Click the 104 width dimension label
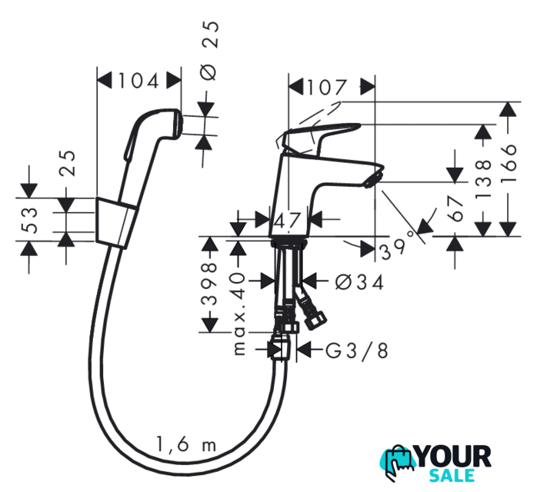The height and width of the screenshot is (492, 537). pyautogui.click(x=140, y=80)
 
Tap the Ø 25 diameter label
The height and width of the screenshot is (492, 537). pyautogui.click(x=210, y=50)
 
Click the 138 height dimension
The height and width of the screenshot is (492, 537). pyautogui.click(x=483, y=178)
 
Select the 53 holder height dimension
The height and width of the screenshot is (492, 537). pyautogui.click(x=29, y=219)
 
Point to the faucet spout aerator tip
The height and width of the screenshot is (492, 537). pyautogui.click(x=373, y=179)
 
